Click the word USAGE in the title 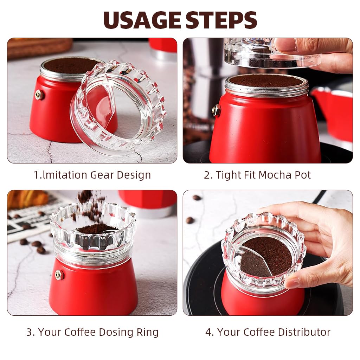click(x=142, y=20)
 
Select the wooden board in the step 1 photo click(x=39, y=47)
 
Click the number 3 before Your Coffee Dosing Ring click(x=29, y=332)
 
